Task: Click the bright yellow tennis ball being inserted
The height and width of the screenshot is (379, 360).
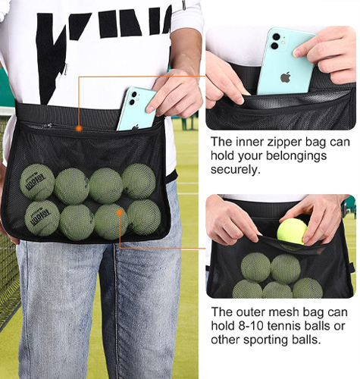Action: (x=292, y=231)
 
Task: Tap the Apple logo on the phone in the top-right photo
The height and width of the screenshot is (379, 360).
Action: (x=286, y=77)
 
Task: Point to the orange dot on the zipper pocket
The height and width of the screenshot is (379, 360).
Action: (x=80, y=129)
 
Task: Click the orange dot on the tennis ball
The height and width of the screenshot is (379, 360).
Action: (x=120, y=212)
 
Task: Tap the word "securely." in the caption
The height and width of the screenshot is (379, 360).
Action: (x=236, y=169)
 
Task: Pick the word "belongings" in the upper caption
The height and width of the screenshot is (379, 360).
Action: (x=296, y=156)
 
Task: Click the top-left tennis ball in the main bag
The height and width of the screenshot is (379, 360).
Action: (x=37, y=182)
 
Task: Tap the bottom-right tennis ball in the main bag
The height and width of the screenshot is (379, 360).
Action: (x=144, y=218)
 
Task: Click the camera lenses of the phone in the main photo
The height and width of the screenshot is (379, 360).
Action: (x=133, y=99)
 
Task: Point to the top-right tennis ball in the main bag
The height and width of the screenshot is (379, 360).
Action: (x=139, y=181)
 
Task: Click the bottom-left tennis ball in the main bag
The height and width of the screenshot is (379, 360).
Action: (x=42, y=218)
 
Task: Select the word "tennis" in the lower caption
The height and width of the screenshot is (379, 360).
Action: (x=283, y=326)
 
